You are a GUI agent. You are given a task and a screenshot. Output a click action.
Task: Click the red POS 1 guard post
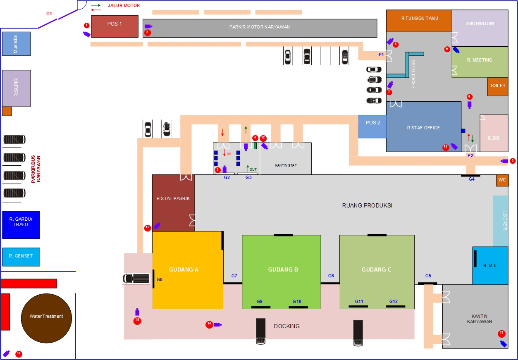coord(115,26)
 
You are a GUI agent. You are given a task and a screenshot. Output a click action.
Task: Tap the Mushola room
coord(16,43)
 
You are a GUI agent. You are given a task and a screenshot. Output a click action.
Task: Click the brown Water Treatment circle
coord(46,316)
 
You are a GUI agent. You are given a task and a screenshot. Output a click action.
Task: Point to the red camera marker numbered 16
coord(19,354)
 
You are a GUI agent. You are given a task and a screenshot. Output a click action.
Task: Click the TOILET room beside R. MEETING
coord(497,86)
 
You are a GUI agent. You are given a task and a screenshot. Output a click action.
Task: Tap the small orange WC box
coord(502,181)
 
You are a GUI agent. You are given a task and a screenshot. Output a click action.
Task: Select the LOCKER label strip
coord(501,221)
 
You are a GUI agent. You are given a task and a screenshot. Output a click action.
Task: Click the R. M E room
coord(490,265)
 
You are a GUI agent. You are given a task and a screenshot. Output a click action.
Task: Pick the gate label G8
coord(160,280)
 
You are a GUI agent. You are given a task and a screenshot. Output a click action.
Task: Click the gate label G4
coord(472,179)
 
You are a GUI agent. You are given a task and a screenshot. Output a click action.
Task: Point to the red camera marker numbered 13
coord(501,333)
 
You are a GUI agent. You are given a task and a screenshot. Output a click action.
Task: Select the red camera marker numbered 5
coord(513,161)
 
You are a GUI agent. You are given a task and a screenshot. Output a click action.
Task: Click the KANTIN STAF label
coord(286,165)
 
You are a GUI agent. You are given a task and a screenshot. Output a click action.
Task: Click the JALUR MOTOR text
coord(124,6)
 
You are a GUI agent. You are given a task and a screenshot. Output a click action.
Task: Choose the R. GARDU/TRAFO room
coord(21,225)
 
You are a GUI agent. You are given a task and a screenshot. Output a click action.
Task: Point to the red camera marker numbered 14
coord(209,325)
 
